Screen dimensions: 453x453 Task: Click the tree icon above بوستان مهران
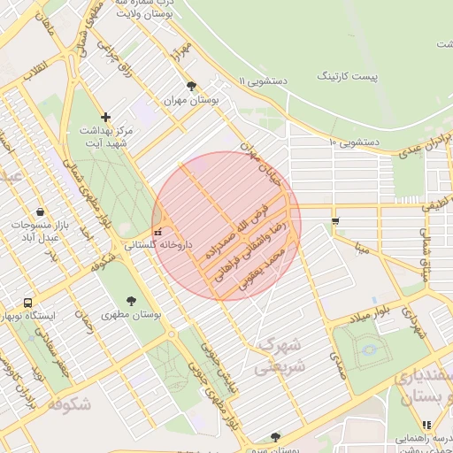[x=191, y=86]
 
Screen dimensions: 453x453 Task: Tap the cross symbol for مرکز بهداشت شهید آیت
[x=106, y=116]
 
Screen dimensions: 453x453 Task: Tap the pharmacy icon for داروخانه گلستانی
[x=157, y=232]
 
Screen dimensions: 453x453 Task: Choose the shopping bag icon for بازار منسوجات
[x=41, y=212]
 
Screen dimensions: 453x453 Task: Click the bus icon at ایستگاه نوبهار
[x=27, y=303]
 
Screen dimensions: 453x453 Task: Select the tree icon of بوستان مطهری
[x=132, y=301]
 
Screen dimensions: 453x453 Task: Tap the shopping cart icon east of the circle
[x=334, y=220]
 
